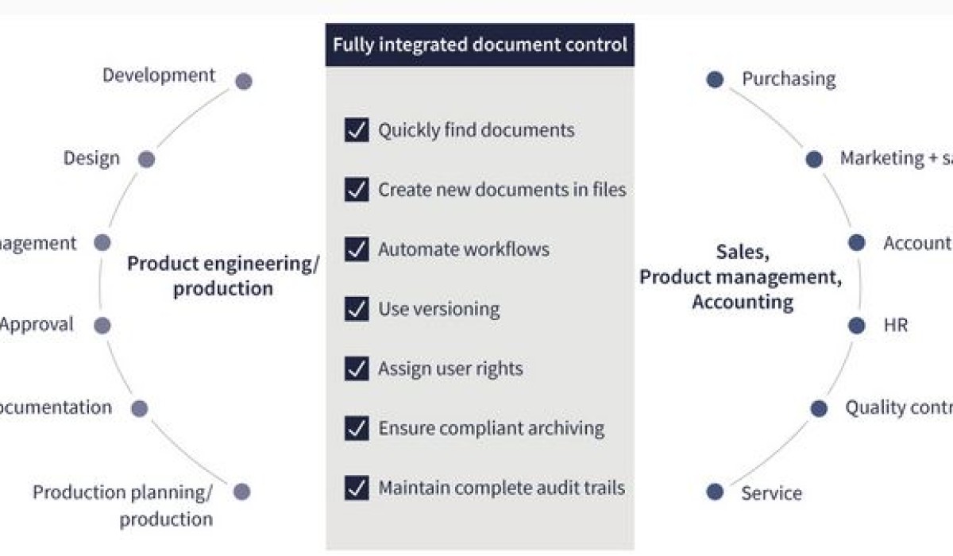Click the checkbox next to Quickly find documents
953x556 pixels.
click(357, 129)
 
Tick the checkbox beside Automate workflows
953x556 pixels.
click(357, 249)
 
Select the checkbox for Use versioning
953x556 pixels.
click(357, 308)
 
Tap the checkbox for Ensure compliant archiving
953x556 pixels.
click(357, 428)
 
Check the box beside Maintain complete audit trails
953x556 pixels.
click(357, 488)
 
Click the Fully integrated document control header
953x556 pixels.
click(480, 44)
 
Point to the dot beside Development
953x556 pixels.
click(244, 81)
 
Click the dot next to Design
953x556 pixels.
click(146, 160)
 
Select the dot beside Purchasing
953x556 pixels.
click(715, 79)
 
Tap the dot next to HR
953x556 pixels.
click(856, 325)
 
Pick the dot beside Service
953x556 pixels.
click(715, 492)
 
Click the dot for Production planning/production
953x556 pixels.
click(242, 492)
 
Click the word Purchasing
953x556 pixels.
click(789, 79)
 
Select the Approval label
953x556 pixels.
click(37, 324)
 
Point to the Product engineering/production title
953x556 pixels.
click(223, 276)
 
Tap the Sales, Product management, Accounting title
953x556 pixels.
click(742, 277)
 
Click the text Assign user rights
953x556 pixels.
click(450, 369)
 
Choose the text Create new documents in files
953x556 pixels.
click(502, 190)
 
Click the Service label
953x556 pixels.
click(771, 493)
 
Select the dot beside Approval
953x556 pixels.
click(102, 325)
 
